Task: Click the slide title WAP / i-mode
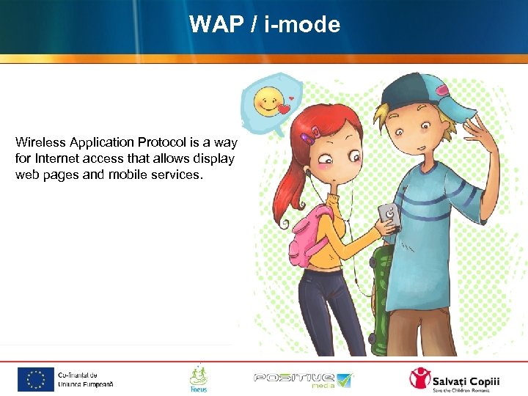tap(264, 25)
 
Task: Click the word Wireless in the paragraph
tap(37, 142)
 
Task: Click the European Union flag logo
tap(36, 379)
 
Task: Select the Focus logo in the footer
tap(198, 378)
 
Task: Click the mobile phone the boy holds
tap(389, 216)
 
